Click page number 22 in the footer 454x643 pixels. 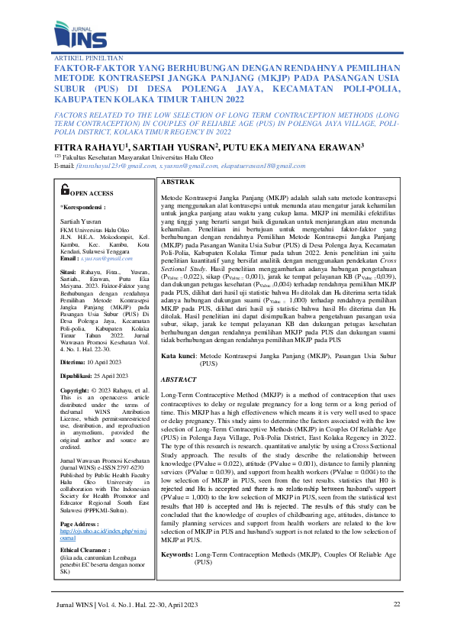coord(396,604)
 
